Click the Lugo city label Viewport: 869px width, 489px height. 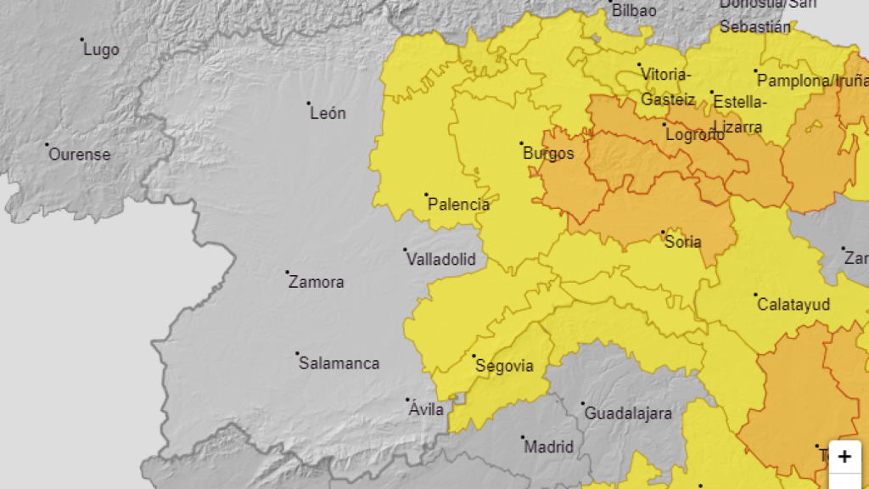tap(101, 50)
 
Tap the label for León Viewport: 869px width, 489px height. tap(328, 113)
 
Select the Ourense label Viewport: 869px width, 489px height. tap(79, 155)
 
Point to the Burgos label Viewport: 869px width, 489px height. tap(548, 154)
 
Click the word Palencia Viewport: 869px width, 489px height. tap(458, 205)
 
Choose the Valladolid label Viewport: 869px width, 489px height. tap(441, 260)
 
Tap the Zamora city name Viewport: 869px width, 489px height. tap(316, 282)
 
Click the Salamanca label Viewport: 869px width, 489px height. tap(339, 363)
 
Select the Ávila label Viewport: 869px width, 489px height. tap(426, 410)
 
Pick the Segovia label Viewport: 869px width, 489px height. tap(504, 366)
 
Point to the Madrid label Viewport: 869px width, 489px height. tap(548, 447)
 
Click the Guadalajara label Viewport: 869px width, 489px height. tap(628, 414)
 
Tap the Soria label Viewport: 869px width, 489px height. tap(683, 242)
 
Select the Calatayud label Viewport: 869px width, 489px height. tap(793, 304)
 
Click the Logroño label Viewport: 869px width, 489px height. tap(695, 135)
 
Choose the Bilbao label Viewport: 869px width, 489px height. tap(633, 11)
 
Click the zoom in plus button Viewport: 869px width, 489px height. tap(844, 457)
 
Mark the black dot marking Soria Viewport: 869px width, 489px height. tap(663, 232)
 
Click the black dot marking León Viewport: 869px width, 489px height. tap(309, 104)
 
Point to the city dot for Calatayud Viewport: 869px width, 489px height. tap(755, 295)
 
